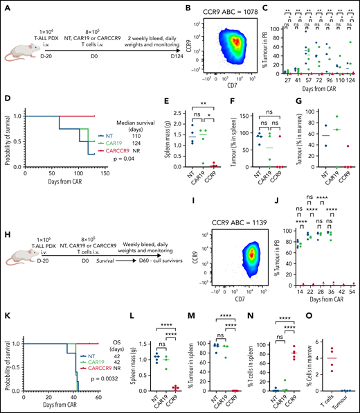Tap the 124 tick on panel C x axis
click(345, 85)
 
